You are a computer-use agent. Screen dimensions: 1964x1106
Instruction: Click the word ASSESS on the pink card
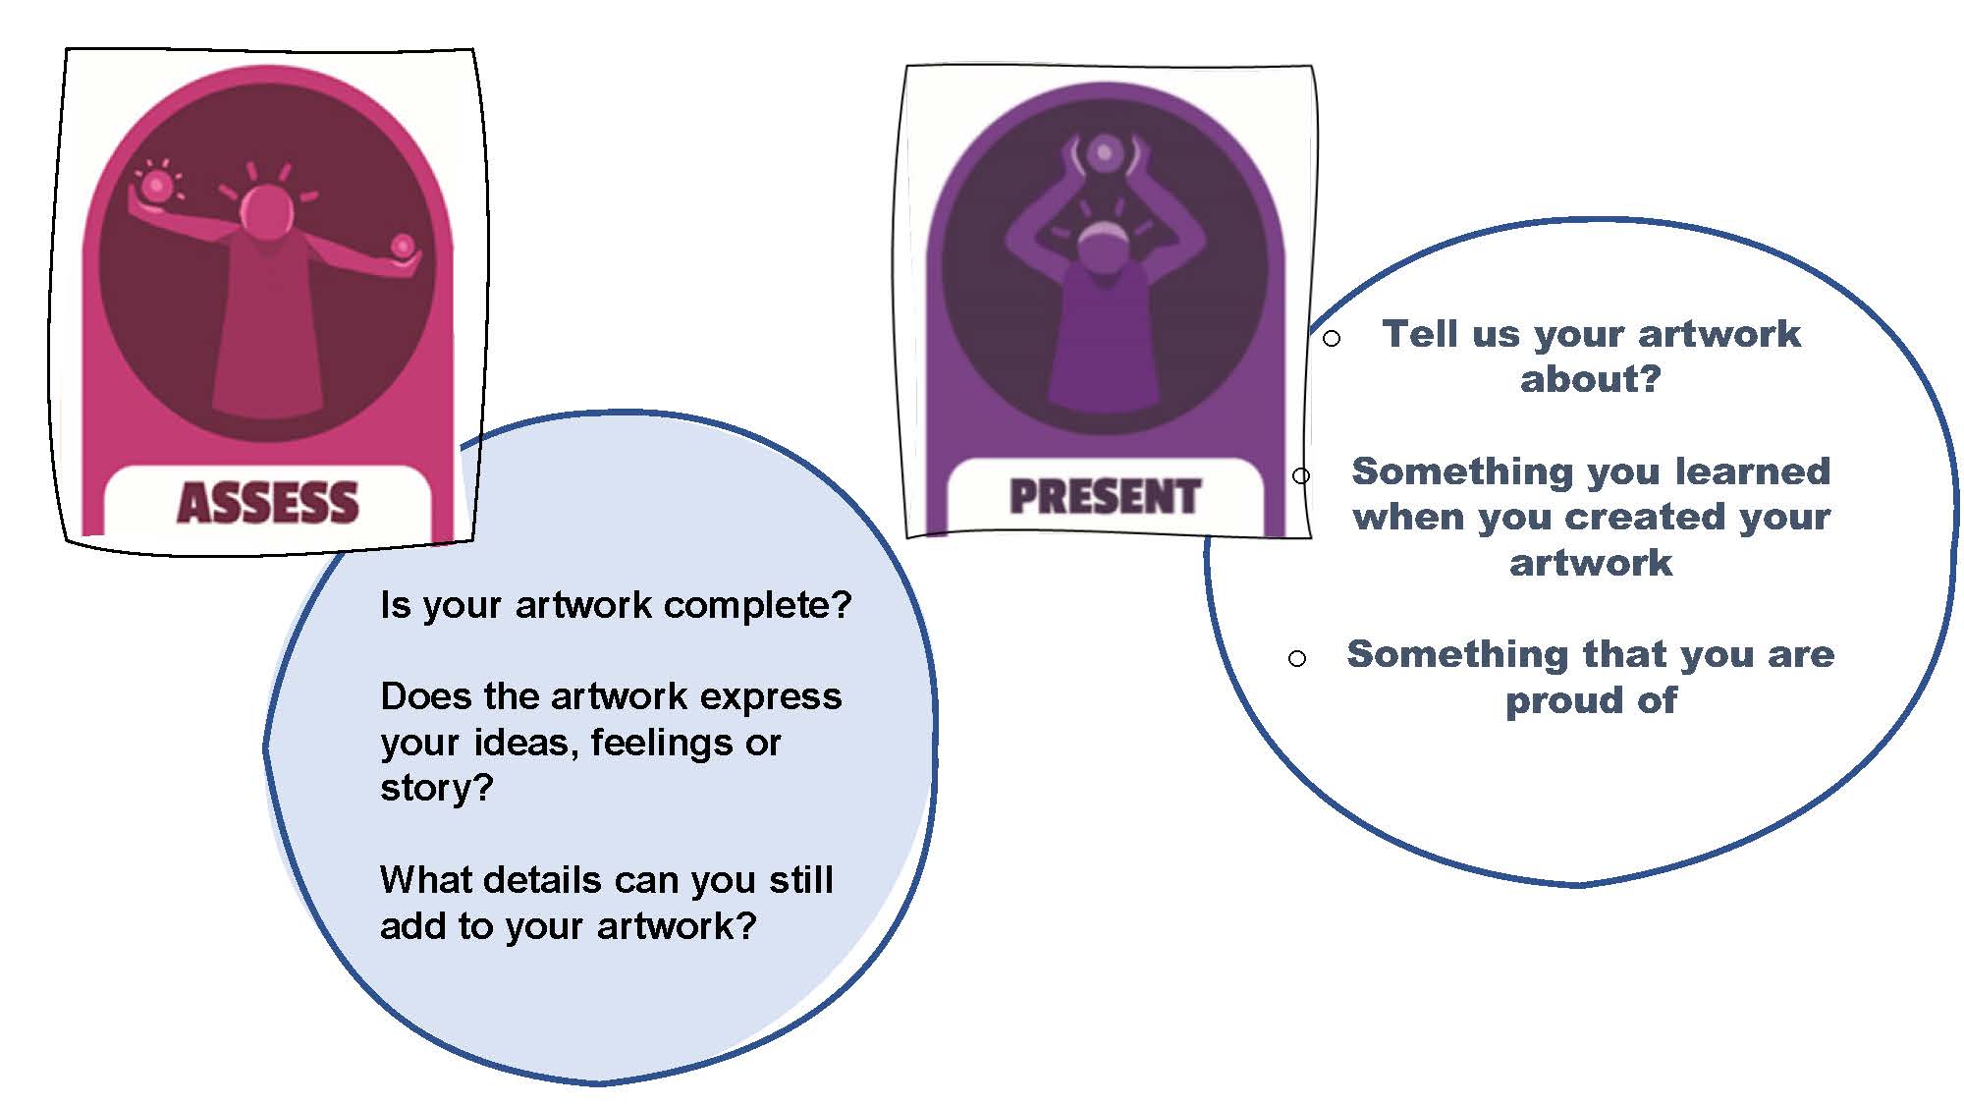tap(268, 503)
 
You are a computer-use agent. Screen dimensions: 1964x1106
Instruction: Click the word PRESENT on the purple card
tap(1106, 496)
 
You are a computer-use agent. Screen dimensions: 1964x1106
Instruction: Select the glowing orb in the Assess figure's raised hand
tap(156, 184)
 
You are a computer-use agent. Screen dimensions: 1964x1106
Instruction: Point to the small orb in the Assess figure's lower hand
tap(403, 245)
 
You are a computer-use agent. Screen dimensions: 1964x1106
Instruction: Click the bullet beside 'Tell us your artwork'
tap(1332, 339)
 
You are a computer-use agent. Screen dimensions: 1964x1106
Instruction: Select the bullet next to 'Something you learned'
tap(1301, 476)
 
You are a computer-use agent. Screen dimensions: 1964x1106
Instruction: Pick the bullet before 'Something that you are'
tap(1297, 658)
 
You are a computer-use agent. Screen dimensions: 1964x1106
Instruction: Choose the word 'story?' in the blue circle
tap(437, 788)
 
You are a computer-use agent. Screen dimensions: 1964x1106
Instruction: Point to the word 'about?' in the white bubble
tap(1591, 379)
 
